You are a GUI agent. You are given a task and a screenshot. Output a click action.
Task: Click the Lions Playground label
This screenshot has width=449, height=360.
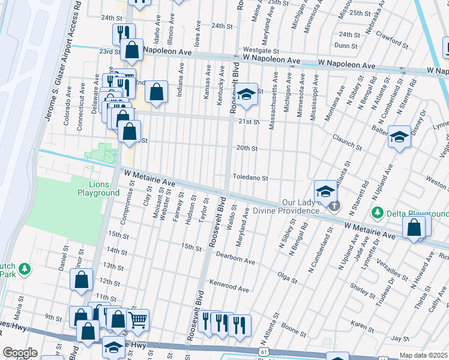[x=98, y=188]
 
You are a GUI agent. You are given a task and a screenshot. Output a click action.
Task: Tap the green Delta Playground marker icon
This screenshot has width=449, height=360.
[x=377, y=212]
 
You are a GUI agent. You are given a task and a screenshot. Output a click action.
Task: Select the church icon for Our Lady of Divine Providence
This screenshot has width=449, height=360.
[x=334, y=207]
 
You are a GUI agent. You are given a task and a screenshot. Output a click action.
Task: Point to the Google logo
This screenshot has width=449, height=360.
[x=20, y=353]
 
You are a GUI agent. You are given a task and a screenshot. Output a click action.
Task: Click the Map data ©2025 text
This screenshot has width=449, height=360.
[x=424, y=355]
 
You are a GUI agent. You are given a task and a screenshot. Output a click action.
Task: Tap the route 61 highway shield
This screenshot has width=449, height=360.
[x=264, y=350]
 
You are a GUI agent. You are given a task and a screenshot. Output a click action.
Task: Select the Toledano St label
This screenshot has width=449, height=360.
[x=250, y=178]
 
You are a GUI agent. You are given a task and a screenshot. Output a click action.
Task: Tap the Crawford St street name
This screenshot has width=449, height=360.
[x=392, y=40]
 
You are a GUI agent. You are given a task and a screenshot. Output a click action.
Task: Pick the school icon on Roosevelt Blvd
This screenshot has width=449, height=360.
[x=245, y=94]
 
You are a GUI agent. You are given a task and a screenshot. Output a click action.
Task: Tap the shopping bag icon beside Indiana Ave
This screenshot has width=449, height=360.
[x=156, y=92]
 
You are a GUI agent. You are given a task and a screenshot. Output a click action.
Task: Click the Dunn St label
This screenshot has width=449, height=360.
[x=346, y=45]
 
